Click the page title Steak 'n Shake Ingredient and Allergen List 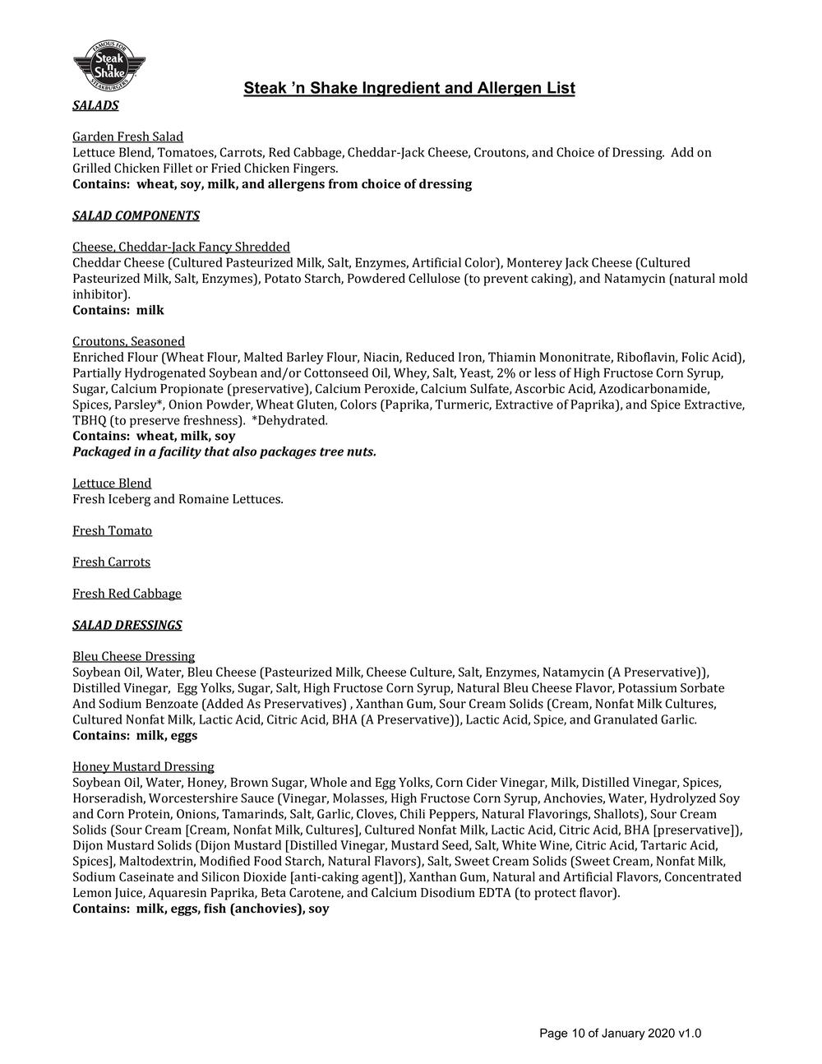[x=409, y=88]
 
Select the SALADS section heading [x=95, y=105]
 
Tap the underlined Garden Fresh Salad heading [x=127, y=136]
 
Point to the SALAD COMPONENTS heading [x=136, y=215]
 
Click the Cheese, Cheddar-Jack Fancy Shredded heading [x=181, y=247]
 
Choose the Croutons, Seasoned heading [x=128, y=341]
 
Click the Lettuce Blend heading [x=112, y=483]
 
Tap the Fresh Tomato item [x=112, y=530]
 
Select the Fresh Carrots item [x=111, y=562]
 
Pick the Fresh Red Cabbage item [x=127, y=593]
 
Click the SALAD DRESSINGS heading [x=127, y=625]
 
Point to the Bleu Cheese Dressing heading [x=133, y=656]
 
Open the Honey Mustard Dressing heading [x=143, y=766]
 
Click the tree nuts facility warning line [x=224, y=451]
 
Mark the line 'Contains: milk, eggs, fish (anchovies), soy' [x=201, y=909]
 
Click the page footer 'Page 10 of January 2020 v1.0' [x=620, y=1034]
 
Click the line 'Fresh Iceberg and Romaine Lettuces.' [x=178, y=499]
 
